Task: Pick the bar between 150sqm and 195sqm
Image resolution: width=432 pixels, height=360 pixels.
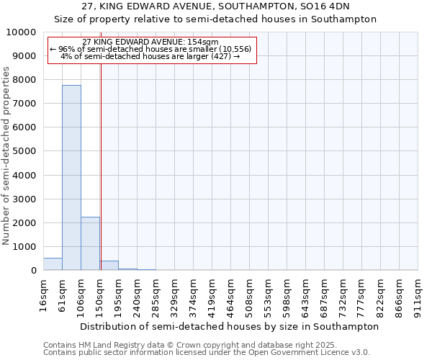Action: (x=109, y=266)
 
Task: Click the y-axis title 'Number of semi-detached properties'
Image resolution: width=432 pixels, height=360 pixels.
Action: (x=7, y=156)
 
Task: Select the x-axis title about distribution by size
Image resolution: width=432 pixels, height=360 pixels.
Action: (x=229, y=326)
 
